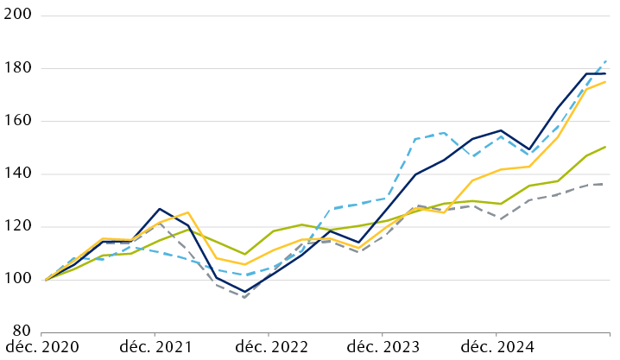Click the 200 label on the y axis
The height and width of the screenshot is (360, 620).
(17, 16)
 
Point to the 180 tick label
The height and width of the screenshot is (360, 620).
(17, 68)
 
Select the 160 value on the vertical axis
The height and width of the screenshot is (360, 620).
(17, 121)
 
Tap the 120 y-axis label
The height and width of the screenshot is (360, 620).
(17, 226)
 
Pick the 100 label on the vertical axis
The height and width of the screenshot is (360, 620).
(17, 279)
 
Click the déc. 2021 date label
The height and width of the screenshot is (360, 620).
(155, 347)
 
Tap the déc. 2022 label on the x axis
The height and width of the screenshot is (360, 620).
(269, 347)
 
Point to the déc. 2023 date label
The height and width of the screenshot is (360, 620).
(383, 347)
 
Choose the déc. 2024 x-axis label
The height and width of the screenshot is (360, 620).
(497, 347)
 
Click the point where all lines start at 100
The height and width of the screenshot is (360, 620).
(45, 280)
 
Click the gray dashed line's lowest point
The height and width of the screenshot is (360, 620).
(245, 297)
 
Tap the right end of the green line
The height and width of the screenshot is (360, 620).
(605, 147)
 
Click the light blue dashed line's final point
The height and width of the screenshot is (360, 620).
(605, 61)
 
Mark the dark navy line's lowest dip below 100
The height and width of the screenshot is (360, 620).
(245, 292)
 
